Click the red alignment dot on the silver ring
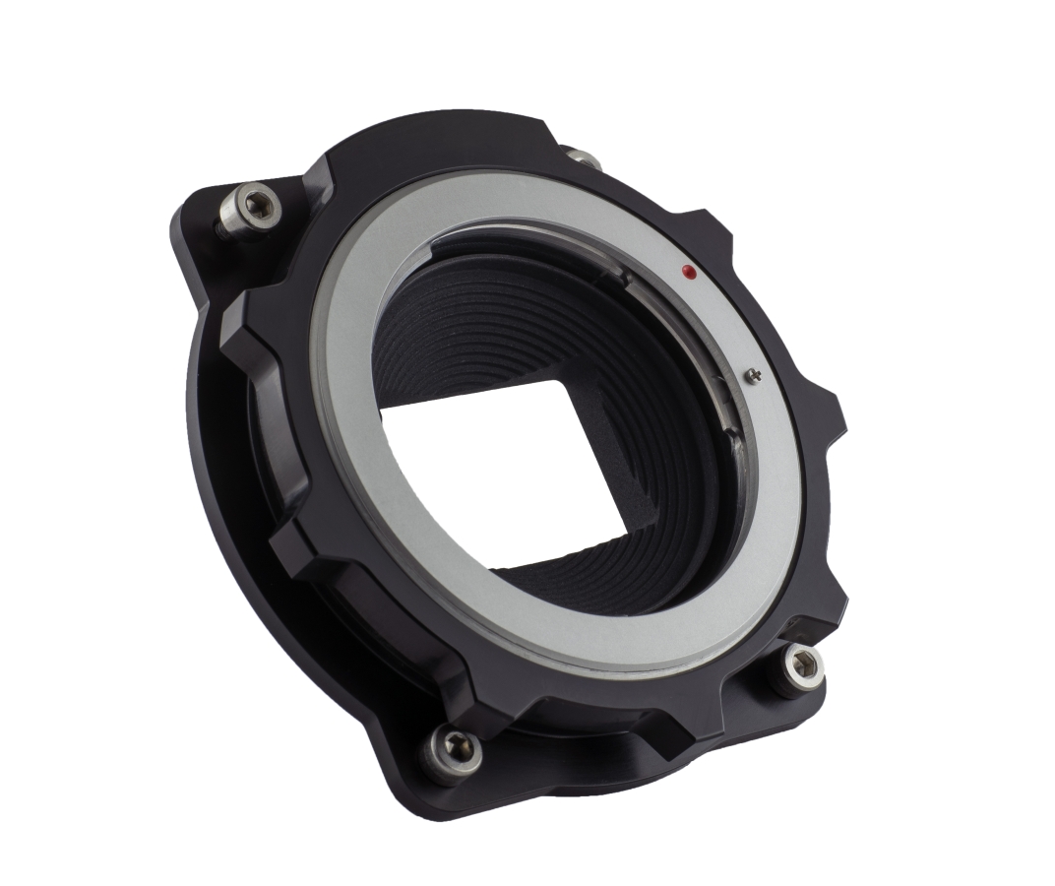pyautogui.click(x=689, y=271)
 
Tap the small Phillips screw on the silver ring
pyautogui.click(x=753, y=373)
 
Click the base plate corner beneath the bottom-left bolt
pyautogui.click(x=433, y=788)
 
